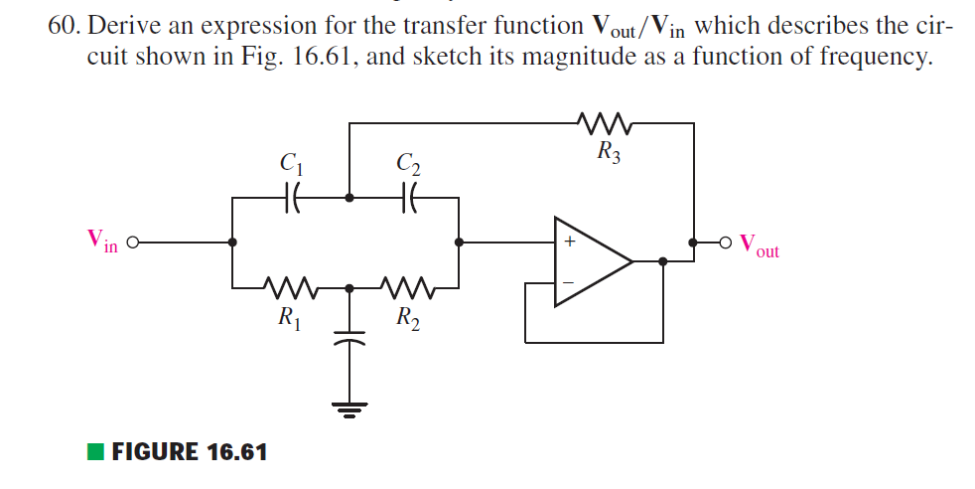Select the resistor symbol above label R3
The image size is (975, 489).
[598, 124]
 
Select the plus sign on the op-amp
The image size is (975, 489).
[570, 242]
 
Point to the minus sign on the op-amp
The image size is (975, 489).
[570, 281]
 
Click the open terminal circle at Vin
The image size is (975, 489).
[130, 242]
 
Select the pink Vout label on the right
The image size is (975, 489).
[760, 246]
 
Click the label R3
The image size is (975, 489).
[609, 153]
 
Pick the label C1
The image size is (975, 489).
[291, 162]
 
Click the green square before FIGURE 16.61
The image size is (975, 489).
[95, 452]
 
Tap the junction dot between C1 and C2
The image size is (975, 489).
[348, 198]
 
